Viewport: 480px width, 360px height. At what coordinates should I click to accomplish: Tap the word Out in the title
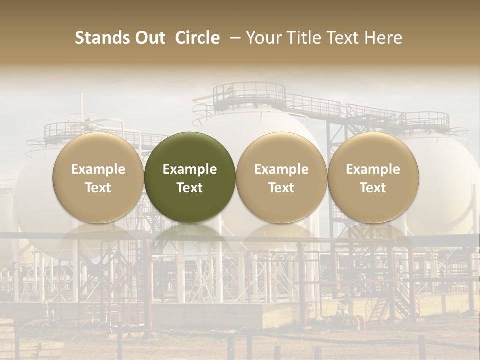(148, 38)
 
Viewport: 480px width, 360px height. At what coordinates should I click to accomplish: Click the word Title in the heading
(304, 38)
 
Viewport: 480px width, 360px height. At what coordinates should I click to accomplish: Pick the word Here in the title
(383, 38)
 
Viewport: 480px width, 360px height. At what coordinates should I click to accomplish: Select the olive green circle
(190, 177)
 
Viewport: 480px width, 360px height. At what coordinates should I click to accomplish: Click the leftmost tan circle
(98, 177)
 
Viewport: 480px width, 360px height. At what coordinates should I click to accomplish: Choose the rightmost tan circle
(373, 177)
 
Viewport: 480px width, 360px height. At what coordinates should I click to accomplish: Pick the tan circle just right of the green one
(281, 177)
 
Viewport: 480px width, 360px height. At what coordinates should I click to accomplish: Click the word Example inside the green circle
(190, 169)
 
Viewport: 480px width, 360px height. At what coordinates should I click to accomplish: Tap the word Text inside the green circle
(190, 188)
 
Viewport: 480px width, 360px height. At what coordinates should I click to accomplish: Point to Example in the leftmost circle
(98, 169)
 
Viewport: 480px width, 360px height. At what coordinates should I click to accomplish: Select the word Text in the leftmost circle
(98, 188)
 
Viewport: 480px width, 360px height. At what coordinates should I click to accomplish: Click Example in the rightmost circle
(373, 169)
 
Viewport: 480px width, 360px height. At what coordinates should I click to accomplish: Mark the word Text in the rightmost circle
(373, 188)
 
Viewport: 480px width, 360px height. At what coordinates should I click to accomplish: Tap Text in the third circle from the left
(281, 188)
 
